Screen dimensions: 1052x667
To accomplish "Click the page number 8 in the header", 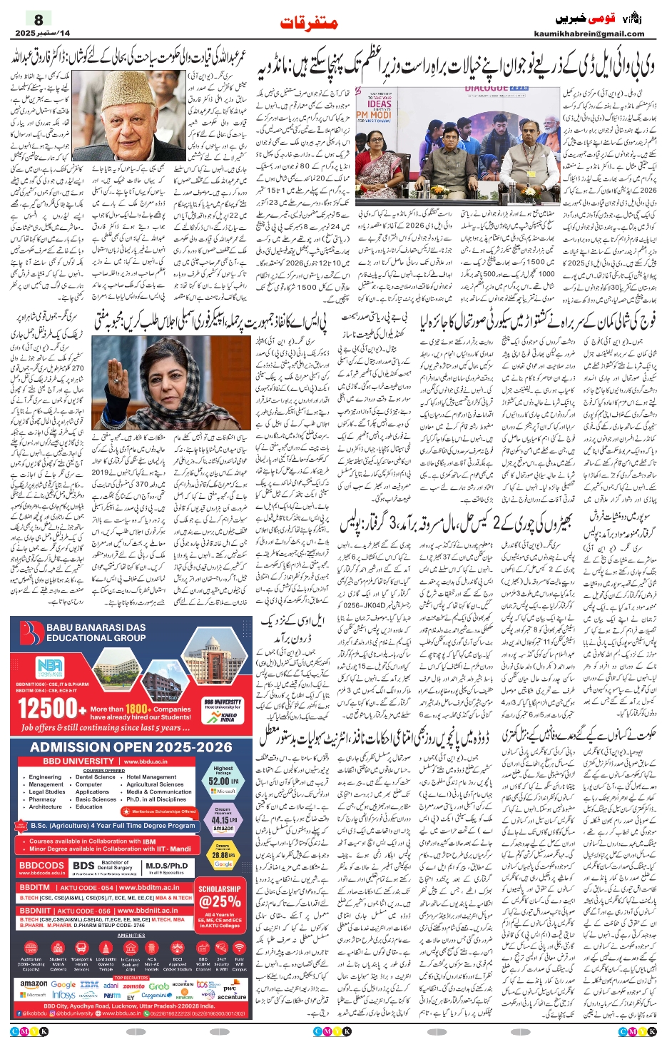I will [x=39, y=19].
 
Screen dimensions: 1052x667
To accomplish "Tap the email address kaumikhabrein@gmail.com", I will [x=589, y=34].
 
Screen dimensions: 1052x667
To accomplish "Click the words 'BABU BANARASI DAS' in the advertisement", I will [x=96, y=627].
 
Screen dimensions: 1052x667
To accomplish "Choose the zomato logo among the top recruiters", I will [x=133, y=986].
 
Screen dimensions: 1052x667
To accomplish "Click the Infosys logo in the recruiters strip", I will [x=63, y=994].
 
